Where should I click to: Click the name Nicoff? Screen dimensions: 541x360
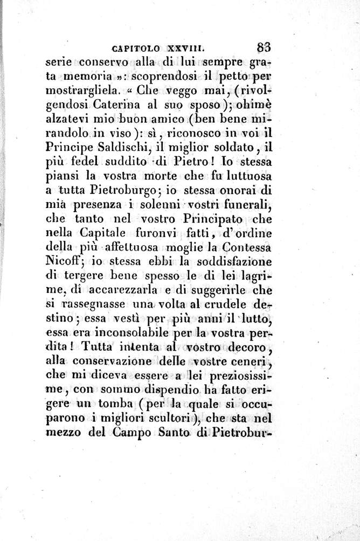(x=63, y=263)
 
